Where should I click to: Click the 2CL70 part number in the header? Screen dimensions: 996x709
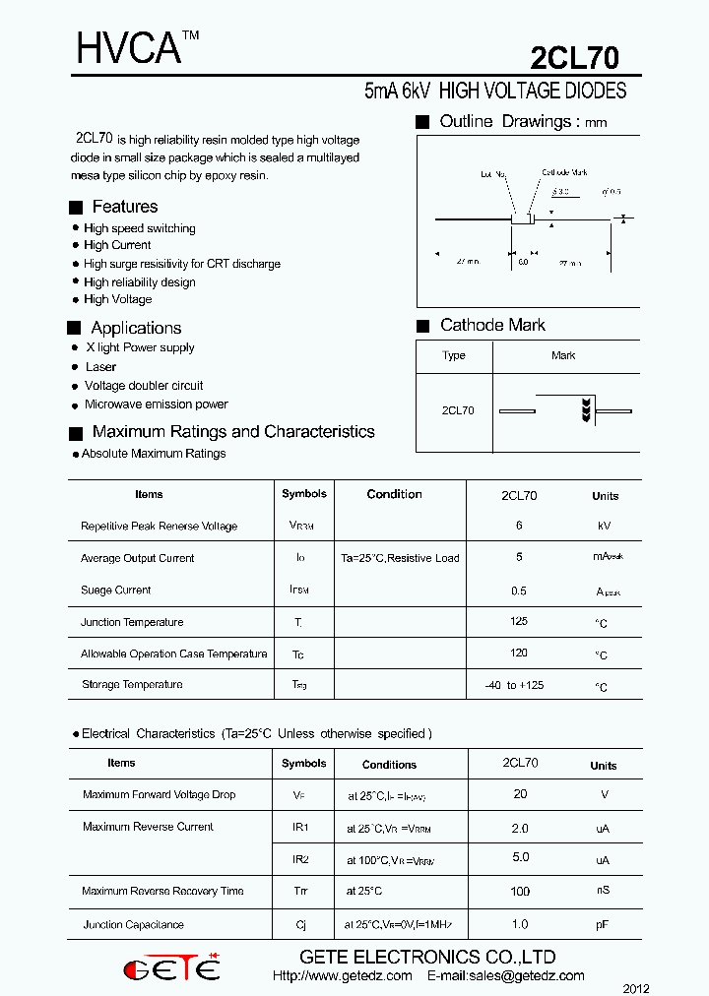pos(575,58)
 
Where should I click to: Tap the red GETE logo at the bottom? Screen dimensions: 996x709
pos(171,969)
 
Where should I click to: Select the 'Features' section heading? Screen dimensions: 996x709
pos(124,207)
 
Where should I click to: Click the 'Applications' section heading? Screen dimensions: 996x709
pos(136,328)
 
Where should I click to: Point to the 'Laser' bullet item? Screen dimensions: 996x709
pos(100,367)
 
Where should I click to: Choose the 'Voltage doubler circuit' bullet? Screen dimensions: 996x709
pos(144,386)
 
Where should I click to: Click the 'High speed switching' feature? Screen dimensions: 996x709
pos(139,228)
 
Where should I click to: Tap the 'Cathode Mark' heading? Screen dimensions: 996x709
pos(492,325)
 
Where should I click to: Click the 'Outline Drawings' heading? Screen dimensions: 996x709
pos(507,122)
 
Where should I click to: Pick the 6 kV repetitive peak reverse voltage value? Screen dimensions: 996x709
pos(519,526)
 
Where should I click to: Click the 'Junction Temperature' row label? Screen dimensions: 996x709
pos(132,622)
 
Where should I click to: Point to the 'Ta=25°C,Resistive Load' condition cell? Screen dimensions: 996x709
pos(400,558)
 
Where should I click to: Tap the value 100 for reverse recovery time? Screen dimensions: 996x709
pos(520,892)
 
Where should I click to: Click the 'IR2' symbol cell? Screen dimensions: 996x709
pos(300,859)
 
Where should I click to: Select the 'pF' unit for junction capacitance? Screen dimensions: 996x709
pos(603,925)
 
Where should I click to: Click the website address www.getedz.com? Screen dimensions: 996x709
pos(342,976)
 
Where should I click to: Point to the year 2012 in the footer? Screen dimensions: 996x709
pos(636,988)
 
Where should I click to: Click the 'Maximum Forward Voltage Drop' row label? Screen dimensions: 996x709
pos(159,794)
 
